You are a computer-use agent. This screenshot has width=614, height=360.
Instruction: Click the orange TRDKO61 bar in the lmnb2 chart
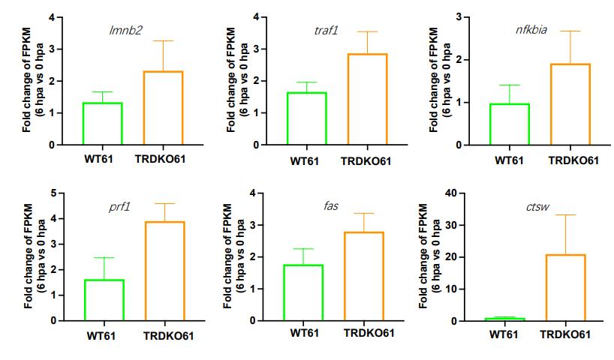tap(163, 108)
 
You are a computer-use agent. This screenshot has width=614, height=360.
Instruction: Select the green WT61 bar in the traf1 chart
tap(307, 118)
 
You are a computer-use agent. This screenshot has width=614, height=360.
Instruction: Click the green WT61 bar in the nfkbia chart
tap(510, 124)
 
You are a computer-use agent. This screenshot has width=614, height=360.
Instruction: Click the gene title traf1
tap(327, 30)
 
